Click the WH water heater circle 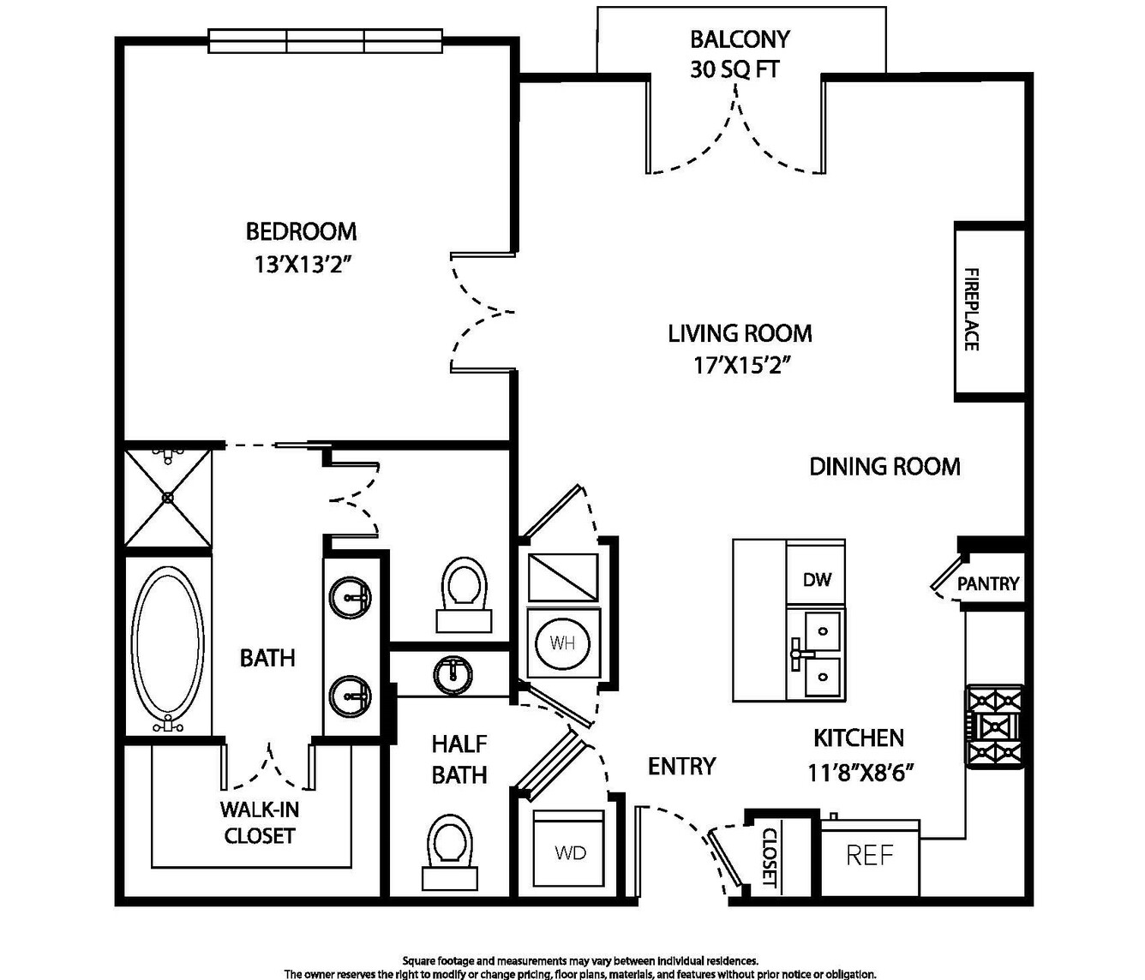(x=562, y=644)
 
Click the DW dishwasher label (x=817, y=580)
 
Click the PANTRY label (x=988, y=583)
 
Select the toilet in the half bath (x=450, y=851)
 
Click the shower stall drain (x=167, y=497)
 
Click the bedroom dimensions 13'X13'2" (x=303, y=265)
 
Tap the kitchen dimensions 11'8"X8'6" (x=860, y=773)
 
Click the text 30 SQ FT (x=735, y=69)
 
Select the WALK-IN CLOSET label (x=260, y=822)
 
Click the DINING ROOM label (x=884, y=467)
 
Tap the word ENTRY (x=682, y=767)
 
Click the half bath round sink (x=453, y=675)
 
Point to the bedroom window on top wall (x=325, y=41)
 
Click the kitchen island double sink (x=816, y=654)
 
